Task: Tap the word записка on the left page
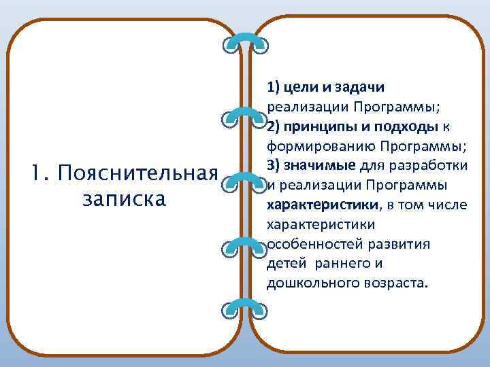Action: click(122, 199)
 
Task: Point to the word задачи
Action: click(359, 87)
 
